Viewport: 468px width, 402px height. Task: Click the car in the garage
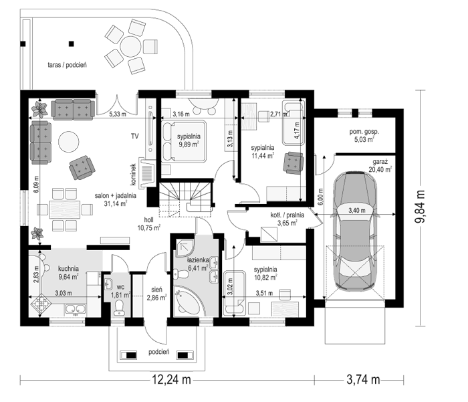pyautogui.click(x=354, y=231)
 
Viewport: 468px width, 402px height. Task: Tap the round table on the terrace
pyautogui.click(x=130, y=47)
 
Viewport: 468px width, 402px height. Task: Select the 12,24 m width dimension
pyautogui.click(x=171, y=380)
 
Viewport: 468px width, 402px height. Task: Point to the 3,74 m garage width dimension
pyautogui.click(x=363, y=380)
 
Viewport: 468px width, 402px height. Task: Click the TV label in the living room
pyautogui.click(x=135, y=136)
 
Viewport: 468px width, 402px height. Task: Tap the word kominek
pyautogui.click(x=134, y=174)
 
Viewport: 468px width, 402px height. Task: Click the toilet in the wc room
pyautogui.click(x=120, y=308)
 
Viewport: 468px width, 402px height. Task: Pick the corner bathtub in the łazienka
pyautogui.click(x=186, y=300)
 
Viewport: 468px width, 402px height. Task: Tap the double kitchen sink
pyautogui.click(x=76, y=310)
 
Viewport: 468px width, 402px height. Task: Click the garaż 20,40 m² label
pyautogui.click(x=380, y=166)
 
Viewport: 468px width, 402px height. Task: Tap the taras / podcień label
pyautogui.click(x=67, y=65)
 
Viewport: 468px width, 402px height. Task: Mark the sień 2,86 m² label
pyautogui.click(x=156, y=293)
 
